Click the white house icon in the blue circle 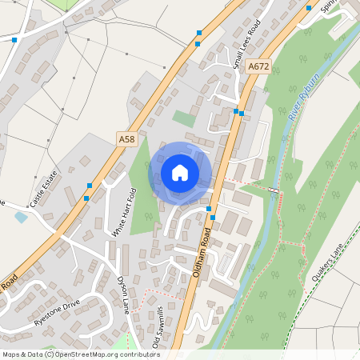[x=180, y=172]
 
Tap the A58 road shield [x=126, y=139]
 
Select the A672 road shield [x=258, y=68]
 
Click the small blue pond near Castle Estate [x=21, y=217]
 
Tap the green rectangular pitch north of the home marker [x=184, y=118]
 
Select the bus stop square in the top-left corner [x=14, y=39]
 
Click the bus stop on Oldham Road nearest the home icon [x=210, y=209]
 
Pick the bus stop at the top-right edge [x=309, y=8]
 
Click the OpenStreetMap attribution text [x=81, y=354]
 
